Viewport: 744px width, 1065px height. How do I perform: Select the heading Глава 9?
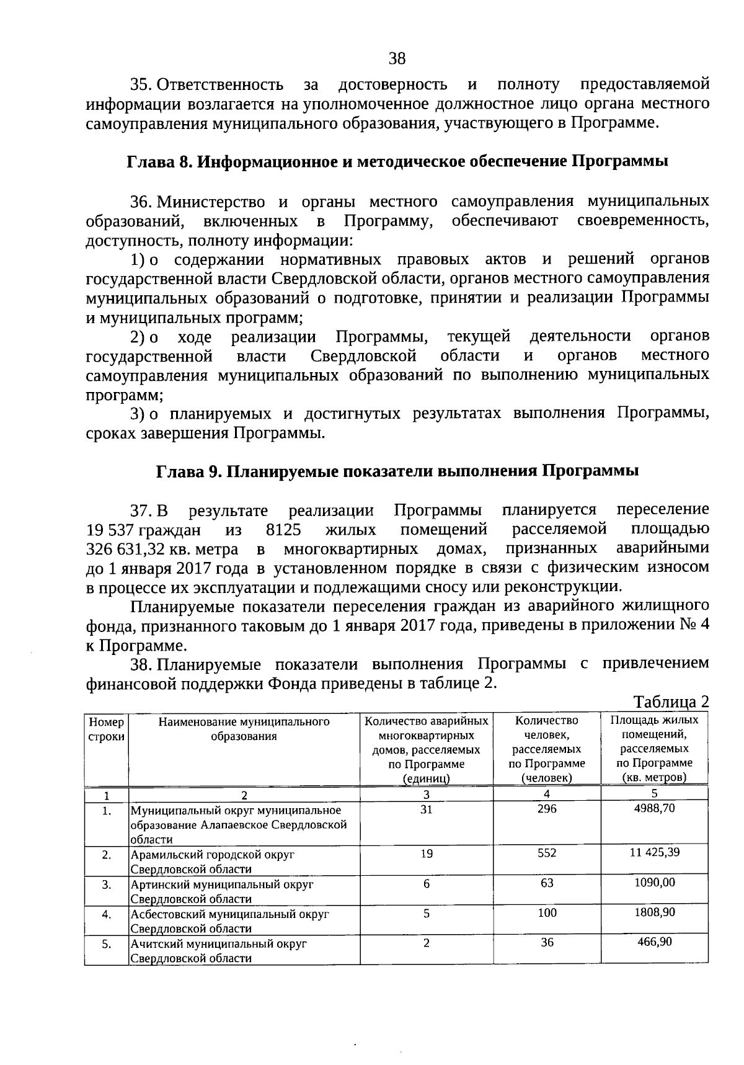pyautogui.click(x=397, y=471)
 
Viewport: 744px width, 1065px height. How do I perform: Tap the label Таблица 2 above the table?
pyautogui.click(x=671, y=702)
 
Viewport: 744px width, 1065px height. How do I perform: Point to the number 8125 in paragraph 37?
pyautogui.click(x=283, y=530)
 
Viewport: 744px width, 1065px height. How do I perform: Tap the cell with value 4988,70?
pyautogui.click(x=654, y=808)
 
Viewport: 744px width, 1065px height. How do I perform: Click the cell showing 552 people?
pyautogui.click(x=547, y=853)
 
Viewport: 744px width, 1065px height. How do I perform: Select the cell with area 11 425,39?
pyautogui.click(x=654, y=852)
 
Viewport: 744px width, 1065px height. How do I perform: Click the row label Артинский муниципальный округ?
pyautogui.click(x=222, y=884)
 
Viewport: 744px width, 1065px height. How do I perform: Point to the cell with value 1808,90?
pyautogui.click(x=654, y=912)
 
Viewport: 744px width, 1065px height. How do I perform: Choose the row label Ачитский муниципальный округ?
pyautogui.click(x=219, y=944)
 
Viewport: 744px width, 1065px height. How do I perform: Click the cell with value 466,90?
pyautogui.click(x=654, y=942)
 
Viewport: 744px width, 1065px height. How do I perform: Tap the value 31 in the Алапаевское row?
pyautogui.click(x=427, y=809)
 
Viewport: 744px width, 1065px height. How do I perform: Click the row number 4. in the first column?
pyautogui.click(x=107, y=914)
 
